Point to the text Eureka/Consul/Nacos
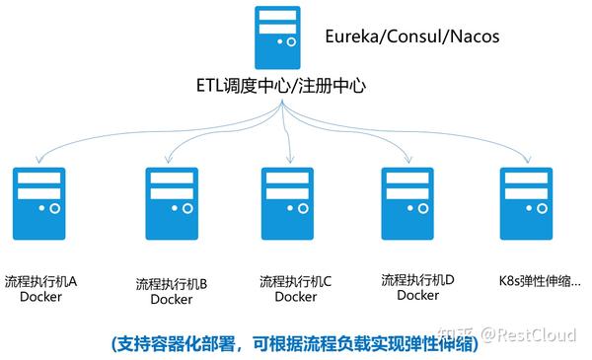[411, 37]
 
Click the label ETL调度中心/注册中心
[281, 87]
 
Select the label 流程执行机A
[40, 281]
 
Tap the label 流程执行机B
[171, 283]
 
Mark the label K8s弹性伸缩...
[539, 281]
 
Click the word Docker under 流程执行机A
[40, 297]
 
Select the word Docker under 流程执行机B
[171, 299]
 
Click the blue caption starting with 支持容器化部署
[296, 340]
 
